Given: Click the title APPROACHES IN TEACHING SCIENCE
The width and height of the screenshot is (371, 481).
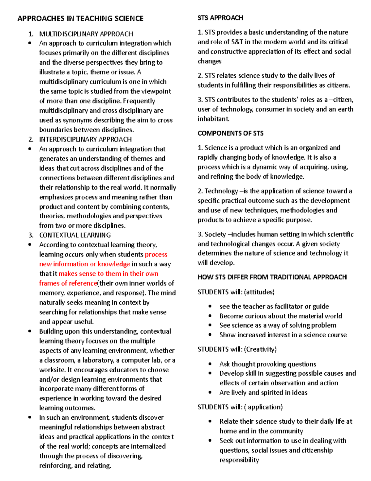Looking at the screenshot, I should (x=80, y=19).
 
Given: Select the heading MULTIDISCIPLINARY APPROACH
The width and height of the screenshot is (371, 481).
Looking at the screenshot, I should (x=86, y=34).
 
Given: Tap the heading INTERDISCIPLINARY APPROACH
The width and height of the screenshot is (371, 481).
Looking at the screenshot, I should (x=85, y=139).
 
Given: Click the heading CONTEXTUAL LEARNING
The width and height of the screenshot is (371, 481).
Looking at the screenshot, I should (x=75, y=235).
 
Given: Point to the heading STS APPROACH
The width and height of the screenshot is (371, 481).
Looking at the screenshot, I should (x=220, y=18).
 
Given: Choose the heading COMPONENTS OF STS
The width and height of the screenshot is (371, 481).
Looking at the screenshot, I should (x=231, y=133).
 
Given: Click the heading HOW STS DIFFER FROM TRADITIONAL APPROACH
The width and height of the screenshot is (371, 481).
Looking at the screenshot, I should (x=272, y=277).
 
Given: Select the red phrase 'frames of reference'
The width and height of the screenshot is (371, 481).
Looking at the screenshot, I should (x=68, y=283).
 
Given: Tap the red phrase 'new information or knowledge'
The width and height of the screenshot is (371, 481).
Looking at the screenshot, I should (x=84, y=264).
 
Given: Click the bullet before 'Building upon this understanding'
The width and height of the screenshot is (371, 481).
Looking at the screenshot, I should (x=30, y=331).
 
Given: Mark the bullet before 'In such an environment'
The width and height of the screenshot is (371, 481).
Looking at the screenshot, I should (x=30, y=417).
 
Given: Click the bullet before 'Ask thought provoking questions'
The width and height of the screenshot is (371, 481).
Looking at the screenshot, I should (x=210, y=364).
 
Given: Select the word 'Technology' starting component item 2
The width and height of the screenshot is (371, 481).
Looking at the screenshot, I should (x=221, y=191).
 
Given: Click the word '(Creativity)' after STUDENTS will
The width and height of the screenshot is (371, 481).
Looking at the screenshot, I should (x=260, y=349).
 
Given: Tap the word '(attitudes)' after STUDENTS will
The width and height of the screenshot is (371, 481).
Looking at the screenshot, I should (x=259, y=292).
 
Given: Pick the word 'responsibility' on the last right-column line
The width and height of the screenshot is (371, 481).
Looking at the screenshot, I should (x=239, y=460).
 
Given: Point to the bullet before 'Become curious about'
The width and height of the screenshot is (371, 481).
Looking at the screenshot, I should (x=210, y=316).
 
